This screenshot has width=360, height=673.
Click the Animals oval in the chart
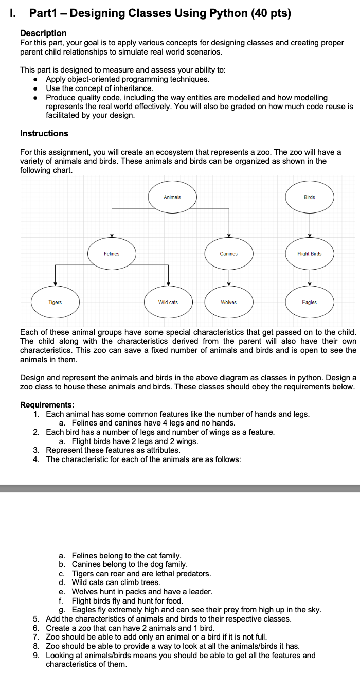click(172, 197)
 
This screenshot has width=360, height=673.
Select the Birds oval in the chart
click(310, 197)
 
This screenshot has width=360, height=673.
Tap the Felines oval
click(112, 254)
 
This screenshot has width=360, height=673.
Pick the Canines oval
click(228, 254)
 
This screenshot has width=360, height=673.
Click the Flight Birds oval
click(310, 254)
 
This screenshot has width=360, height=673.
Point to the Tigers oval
click(55, 302)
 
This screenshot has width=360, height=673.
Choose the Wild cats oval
click(168, 302)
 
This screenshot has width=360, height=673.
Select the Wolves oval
click(228, 302)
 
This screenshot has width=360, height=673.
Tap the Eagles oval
click(310, 302)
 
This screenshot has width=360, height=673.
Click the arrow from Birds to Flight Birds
click(310, 225)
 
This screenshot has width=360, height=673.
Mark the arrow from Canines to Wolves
click(228, 278)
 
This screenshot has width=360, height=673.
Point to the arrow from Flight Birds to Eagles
click(310, 278)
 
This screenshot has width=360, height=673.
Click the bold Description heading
click(43, 33)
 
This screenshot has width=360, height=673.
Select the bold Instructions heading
click(44, 133)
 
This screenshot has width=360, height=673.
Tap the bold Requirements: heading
click(47, 404)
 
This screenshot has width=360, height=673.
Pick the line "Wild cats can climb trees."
click(116, 582)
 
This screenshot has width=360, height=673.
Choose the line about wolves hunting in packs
click(142, 592)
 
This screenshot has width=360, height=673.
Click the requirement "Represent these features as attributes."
click(113, 450)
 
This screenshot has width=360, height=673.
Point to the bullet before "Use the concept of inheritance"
click(34, 88)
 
